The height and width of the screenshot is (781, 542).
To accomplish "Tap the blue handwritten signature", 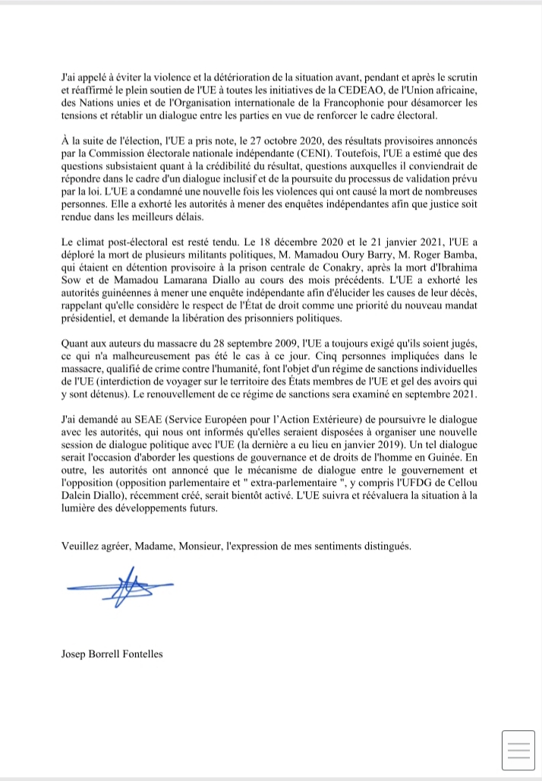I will pos(121,588).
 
